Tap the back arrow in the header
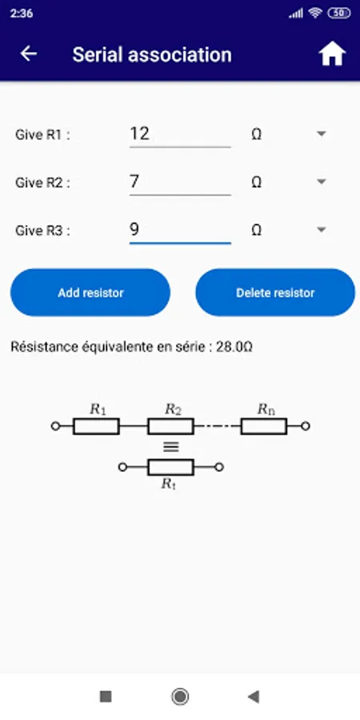(29, 54)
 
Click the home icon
(332, 54)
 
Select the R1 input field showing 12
(180, 134)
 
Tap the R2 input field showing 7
(180, 182)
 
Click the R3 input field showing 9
(180, 230)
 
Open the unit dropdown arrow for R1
(322, 134)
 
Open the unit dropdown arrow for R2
(322, 182)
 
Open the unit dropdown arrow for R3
(322, 230)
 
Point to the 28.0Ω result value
(234, 347)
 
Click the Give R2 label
(42, 182)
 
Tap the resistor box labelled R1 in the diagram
(96, 426)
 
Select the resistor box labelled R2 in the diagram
(170, 426)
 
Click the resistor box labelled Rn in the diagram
(264, 426)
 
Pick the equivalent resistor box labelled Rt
(170, 467)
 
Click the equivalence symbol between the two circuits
(171, 446)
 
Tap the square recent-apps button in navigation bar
(106, 697)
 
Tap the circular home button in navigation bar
(180, 697)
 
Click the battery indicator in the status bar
(339, 14)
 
